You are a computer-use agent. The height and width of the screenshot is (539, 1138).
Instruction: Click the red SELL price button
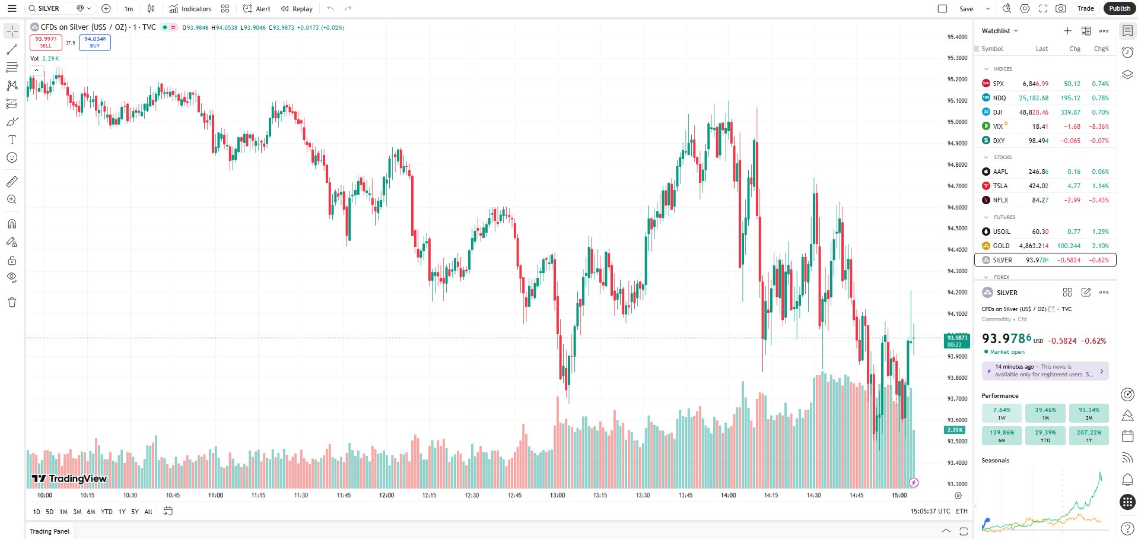click(46, 42)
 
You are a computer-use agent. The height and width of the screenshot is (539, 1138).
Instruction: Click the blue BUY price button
click(95, 42)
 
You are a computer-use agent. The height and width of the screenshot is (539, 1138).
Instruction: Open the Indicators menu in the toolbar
click(190, 9)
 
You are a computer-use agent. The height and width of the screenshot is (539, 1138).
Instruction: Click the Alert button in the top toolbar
click(257, 9)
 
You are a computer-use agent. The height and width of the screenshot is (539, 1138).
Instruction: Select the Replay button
click(297, 9)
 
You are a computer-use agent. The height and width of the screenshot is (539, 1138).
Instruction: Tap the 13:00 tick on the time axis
click(557, 495)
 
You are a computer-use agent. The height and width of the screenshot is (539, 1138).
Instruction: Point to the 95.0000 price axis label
click(956, 122)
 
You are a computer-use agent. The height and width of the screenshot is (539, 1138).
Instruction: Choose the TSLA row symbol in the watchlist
click(1000, 186)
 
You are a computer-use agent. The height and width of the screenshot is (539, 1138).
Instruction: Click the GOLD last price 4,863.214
click(1033, 246)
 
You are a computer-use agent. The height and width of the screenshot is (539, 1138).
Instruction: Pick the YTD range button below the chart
click(107, 512)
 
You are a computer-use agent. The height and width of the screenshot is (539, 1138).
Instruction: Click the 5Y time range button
click(135, 512)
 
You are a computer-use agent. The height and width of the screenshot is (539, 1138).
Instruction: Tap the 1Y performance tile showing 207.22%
click(1089, 436)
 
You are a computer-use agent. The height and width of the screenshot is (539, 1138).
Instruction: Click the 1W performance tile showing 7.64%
click(1002, 413)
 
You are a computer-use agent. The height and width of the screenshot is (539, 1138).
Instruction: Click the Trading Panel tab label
click(50, 531)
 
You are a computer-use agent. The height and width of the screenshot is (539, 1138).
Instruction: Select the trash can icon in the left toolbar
click(12, 302)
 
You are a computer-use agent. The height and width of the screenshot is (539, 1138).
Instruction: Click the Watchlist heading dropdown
click(999, 31)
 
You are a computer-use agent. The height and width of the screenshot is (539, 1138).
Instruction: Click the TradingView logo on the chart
click(69, 478)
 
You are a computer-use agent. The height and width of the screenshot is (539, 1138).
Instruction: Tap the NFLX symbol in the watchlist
click(1000, 200)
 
